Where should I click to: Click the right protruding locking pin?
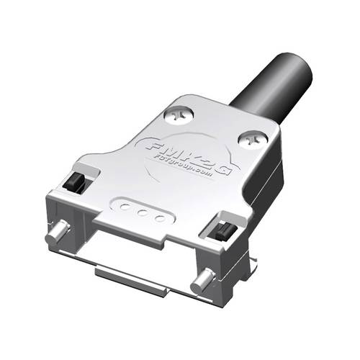tap(204, 280)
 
